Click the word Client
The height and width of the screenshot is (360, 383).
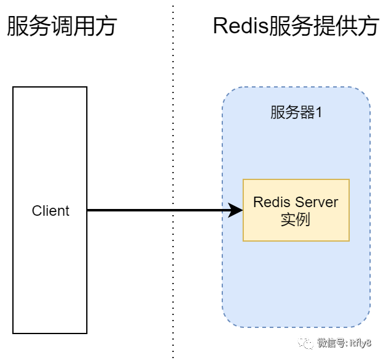[50, 211]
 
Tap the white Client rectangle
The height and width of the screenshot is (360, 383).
[50, 277]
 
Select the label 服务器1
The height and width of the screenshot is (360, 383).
[296, 113]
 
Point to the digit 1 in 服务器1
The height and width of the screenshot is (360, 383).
[319, 113]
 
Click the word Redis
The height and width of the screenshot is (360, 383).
[272, 202]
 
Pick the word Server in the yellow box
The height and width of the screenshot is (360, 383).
[317, 202]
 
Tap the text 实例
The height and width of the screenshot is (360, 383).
[296, 219]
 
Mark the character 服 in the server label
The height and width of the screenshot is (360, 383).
[278, 113]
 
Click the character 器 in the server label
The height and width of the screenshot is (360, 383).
[307, 113]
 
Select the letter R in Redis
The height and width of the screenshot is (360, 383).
[258, 202]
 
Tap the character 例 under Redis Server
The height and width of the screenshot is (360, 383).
[303, 219]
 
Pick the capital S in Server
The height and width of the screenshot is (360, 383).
[300, 202]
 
